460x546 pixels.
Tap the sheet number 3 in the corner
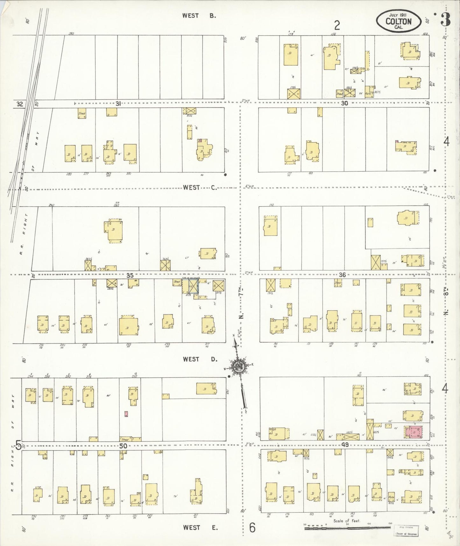pos(446,20)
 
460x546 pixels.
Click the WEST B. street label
pos(199,16)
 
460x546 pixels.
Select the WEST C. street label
pos(200,187)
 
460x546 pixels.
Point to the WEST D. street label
pos(200,359)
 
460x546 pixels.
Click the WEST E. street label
pos(200,528)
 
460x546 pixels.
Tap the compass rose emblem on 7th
pos(238,366)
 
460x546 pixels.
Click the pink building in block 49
pos(414,432)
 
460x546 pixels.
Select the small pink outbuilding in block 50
pos(126,414)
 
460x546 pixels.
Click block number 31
pos(118,103)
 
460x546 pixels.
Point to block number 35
pos(130,275)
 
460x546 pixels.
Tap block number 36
pos(342,275)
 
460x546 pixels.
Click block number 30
pos(344,103)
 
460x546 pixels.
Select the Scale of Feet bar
pos(347,528)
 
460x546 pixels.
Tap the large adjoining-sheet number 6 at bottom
pos(252,528)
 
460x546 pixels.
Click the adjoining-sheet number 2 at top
pos(337,25)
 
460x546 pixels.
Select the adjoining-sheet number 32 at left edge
pos(20,104)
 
